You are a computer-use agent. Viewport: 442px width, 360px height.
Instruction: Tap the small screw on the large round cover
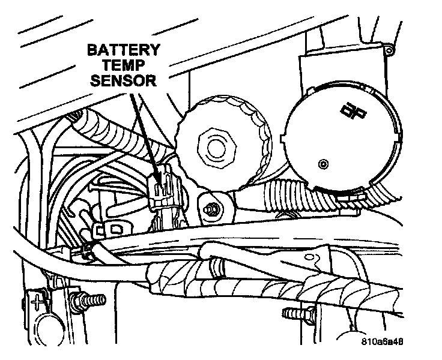point(324,162)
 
